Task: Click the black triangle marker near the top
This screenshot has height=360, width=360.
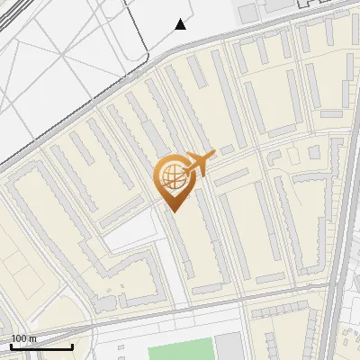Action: [181, 24]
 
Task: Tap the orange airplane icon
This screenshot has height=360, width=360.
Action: [199, 165]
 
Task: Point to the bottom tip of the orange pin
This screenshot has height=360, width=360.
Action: [172, 211]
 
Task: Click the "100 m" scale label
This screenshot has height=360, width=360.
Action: [24, 338]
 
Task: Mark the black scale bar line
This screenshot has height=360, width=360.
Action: [41, 346]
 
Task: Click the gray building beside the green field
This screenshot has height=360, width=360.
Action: [229, 347]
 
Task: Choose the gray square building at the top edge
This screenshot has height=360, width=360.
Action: [248, 12]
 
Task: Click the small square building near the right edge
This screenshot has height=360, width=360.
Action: [314, 153]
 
